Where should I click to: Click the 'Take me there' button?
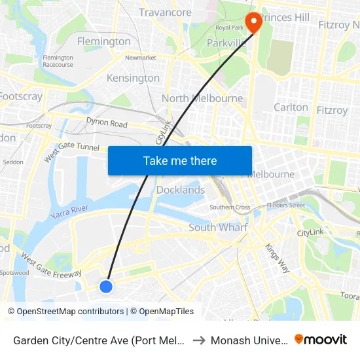pos(180,160)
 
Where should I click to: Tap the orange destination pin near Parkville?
pos(251,20)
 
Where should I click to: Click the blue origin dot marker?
pos(106,286)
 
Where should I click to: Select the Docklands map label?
pos(181,190)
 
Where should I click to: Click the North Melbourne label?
pos(202,99)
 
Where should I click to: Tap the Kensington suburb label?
pos(133,78)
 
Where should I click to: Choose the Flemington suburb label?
pos(104,41)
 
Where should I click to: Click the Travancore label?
pos(165,12)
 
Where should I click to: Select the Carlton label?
pos(291,107)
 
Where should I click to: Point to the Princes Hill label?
pos(284,17)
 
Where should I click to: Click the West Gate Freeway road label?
pos(51,264)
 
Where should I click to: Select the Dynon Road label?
pos(107,123)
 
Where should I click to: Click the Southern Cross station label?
pos(230,207)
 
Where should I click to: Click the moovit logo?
pos(321,339)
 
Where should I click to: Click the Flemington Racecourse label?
pos(58,61)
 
